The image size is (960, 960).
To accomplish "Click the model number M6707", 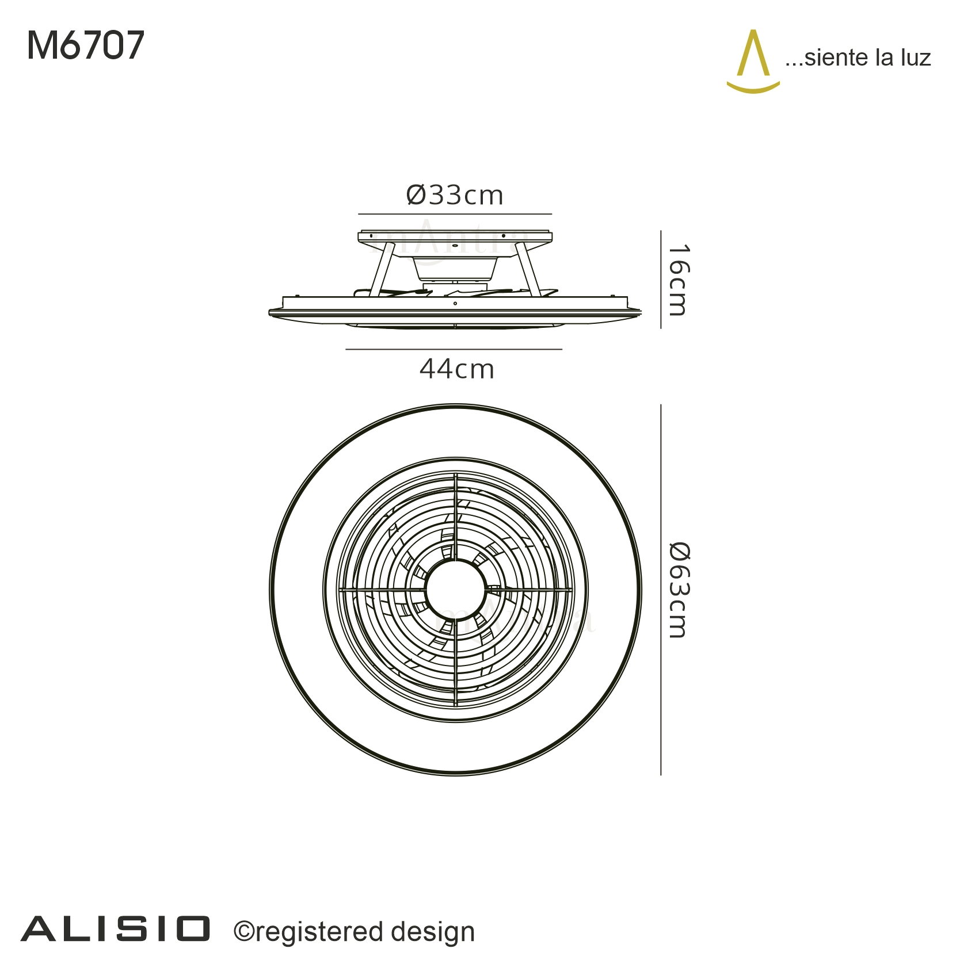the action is [86, 45].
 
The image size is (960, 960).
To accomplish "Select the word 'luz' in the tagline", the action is [915, 58].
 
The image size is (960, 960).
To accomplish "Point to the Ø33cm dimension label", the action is [455, 196].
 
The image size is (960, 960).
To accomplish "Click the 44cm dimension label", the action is [457, 369].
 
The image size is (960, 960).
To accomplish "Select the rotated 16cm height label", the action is [679, 280].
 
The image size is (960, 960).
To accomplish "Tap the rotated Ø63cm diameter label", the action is [679, 590].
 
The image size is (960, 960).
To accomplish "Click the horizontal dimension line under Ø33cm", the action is [455, 214].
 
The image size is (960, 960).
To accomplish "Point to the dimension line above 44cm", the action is [454, 349].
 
